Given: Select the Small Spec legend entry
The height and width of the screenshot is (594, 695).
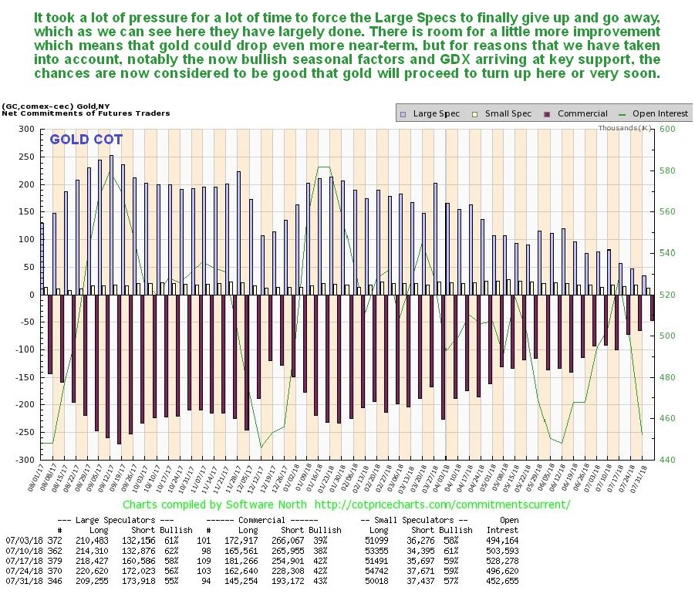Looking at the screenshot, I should coord(506,113).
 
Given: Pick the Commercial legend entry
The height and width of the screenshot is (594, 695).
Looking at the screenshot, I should coord(581,113).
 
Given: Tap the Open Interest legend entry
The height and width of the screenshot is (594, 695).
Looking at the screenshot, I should coord(657,113).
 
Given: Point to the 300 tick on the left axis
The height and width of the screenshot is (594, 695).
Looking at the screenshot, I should coord(28,130).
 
